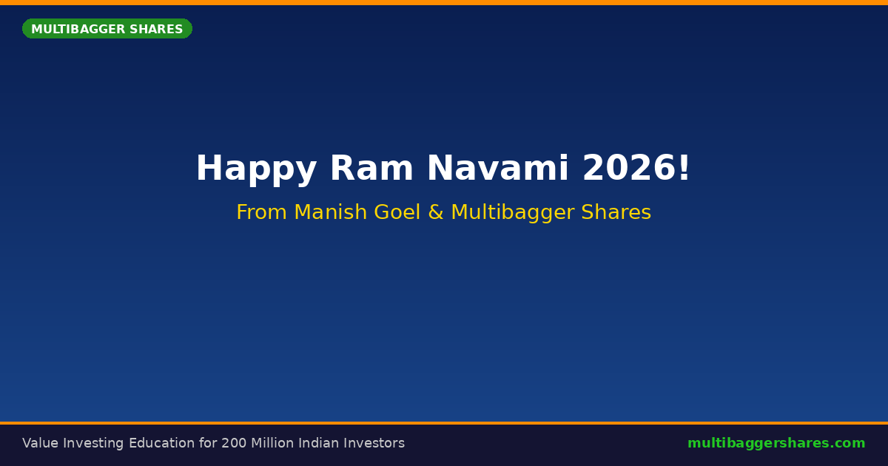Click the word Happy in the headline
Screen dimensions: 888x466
coord(257,169)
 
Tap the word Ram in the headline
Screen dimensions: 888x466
coord(371,168)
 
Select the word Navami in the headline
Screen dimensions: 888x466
coord(498,168)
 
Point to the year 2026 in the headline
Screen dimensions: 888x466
coord(629,168)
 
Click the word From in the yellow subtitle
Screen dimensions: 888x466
coord(262,212)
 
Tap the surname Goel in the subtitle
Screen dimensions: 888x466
coord(397,212)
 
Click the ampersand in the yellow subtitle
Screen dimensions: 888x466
coord(436,212)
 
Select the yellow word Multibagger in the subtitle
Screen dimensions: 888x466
coord(513,213)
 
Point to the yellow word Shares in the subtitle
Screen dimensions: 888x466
coord(616,212)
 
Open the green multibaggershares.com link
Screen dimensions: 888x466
coord(776,443)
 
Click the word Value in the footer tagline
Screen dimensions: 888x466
coord(41,443)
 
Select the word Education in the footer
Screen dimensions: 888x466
coord(162,443)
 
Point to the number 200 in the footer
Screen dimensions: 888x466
coord(234,443)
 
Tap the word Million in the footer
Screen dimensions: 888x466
coord(272,443)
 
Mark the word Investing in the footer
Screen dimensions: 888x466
coord(93,443)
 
